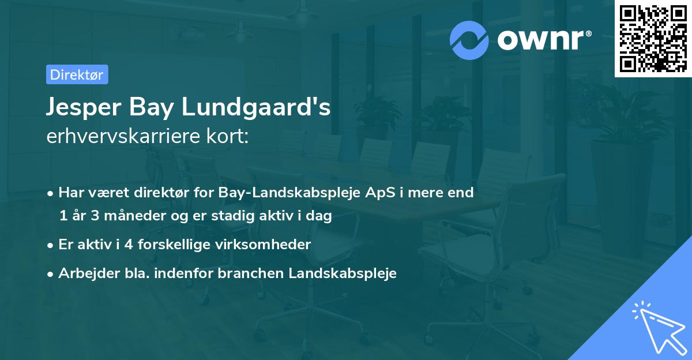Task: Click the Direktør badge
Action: [77, 74]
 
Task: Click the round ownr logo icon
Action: [470, 40]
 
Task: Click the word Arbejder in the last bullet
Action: [84, 273]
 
